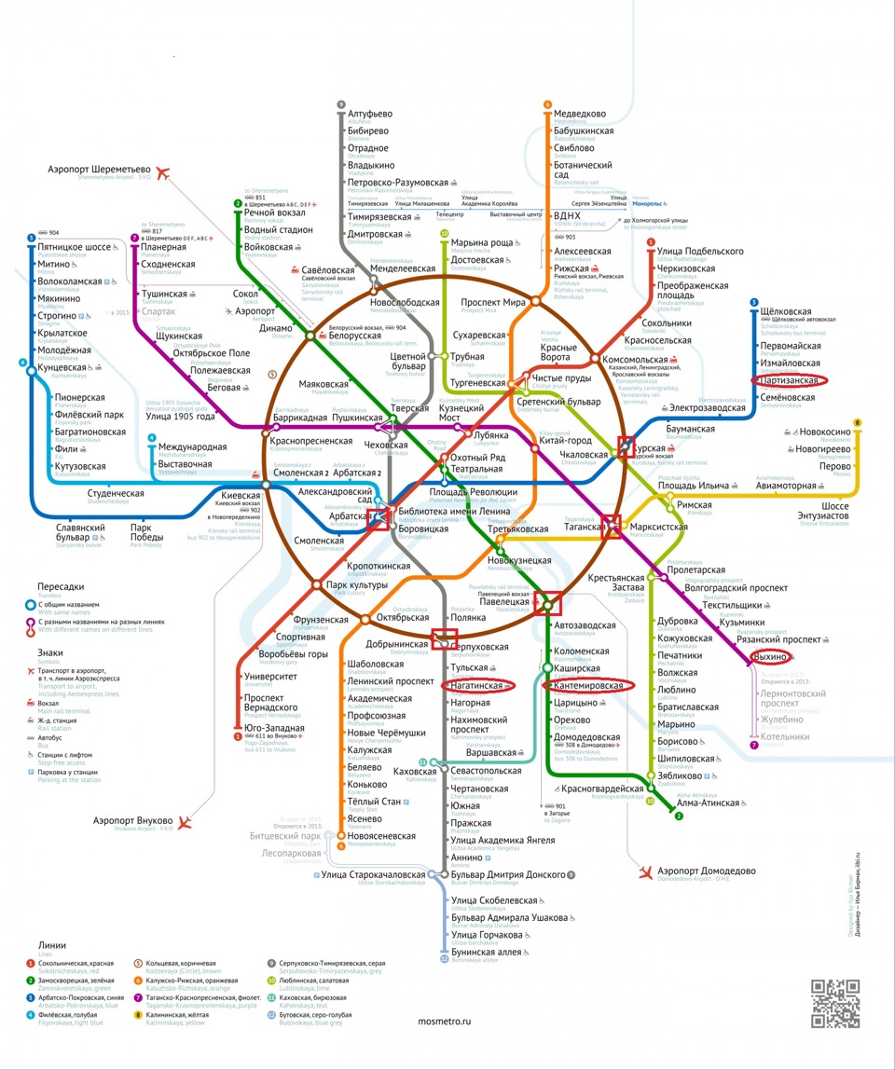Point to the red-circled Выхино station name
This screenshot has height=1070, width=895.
tap(770, 657)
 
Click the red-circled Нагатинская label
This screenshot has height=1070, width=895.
tap(477, 686)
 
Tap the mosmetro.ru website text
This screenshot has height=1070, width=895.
tap(457, 1021)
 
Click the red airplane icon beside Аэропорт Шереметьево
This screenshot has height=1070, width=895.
tap(167, 172)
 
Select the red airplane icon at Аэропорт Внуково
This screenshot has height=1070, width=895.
tap(186, 821)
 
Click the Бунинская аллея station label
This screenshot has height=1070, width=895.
tap(482, 953)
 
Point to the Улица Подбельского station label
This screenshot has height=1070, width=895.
tap(700, 252)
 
